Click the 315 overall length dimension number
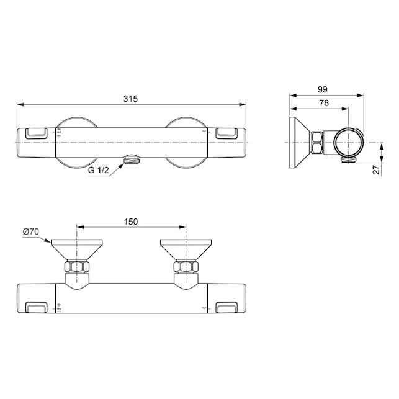pyautogui.click(x=130, y=99)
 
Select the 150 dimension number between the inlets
pyautogui.click(x=130, y=222)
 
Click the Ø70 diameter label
pyautogui.click(x=31, y=231)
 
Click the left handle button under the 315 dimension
pyautogui.click(x=37, y=132)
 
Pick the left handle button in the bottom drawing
pyautogui.click(x=37, y=307)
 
